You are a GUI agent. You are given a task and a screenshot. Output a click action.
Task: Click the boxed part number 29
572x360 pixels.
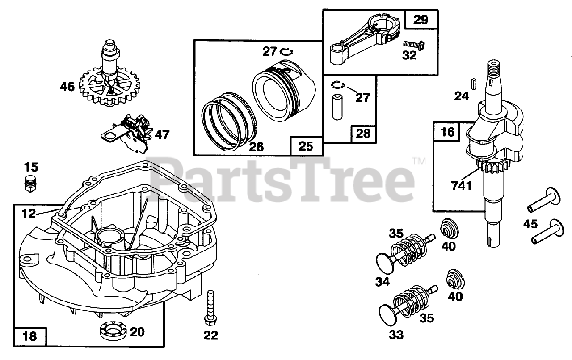pos(421,20)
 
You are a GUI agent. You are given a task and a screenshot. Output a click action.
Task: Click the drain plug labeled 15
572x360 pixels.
pos(30,183)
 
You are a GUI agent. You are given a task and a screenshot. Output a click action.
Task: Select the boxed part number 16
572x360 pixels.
pos(448,132)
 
